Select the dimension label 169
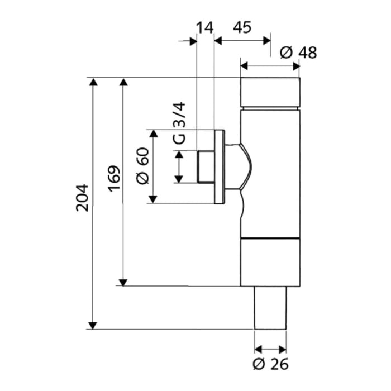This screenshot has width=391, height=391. point(113,178)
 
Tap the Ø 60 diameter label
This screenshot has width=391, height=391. point(143,167)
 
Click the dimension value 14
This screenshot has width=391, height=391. point(205,27)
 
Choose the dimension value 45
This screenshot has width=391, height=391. point(242,27)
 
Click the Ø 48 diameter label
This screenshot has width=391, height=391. point(298,53)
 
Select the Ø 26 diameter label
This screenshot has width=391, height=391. point(270,364)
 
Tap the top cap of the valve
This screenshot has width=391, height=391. point(270,92)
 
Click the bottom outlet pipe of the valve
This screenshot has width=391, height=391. point(270,307)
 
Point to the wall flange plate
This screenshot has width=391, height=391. point(220,166)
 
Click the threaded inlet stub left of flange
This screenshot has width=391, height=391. point(206,166)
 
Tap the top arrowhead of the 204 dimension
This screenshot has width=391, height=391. point(93,82)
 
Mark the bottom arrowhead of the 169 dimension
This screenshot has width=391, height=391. point(123,282)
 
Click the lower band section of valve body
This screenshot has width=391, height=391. point(270,261)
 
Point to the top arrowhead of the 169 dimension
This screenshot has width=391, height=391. point(123,82)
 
